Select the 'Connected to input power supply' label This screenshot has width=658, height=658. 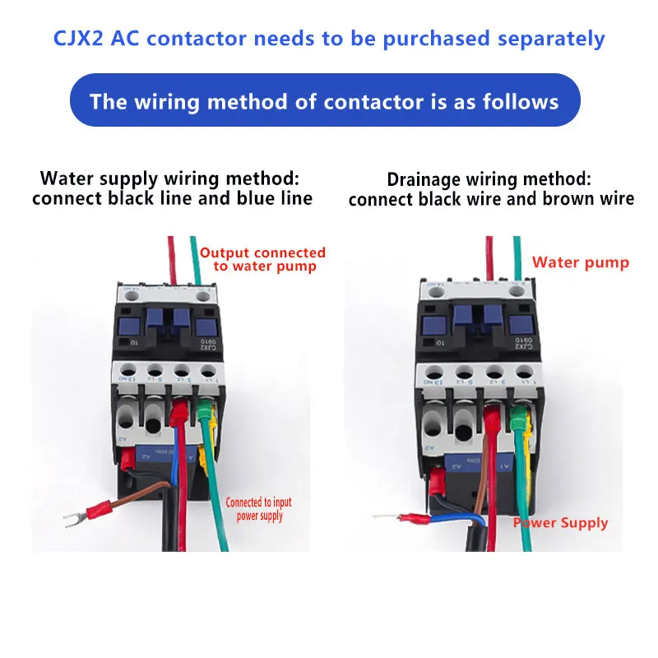(x=258, y=508)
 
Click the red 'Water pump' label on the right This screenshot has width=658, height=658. (x=580, y=262)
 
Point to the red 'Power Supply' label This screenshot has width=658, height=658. (x=561, y=522)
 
